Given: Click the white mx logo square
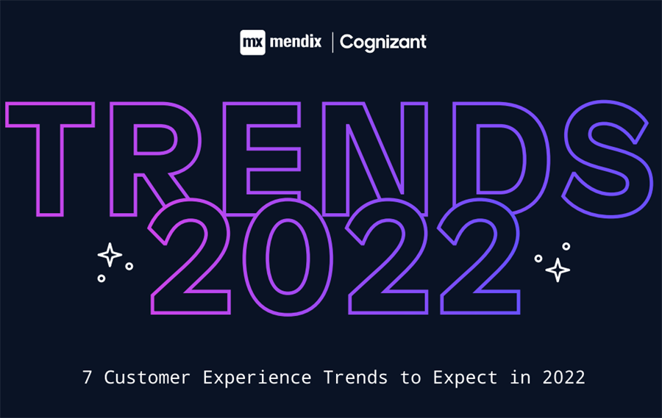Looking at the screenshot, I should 252,43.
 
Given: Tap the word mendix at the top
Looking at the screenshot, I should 295,42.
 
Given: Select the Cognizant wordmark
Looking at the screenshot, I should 383,43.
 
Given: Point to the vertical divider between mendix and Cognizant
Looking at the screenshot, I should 332,43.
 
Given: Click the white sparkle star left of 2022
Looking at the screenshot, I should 110,255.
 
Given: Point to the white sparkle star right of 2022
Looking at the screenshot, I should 558,270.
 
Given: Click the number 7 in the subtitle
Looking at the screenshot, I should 88,378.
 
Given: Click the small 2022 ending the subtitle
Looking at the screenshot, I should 565,378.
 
